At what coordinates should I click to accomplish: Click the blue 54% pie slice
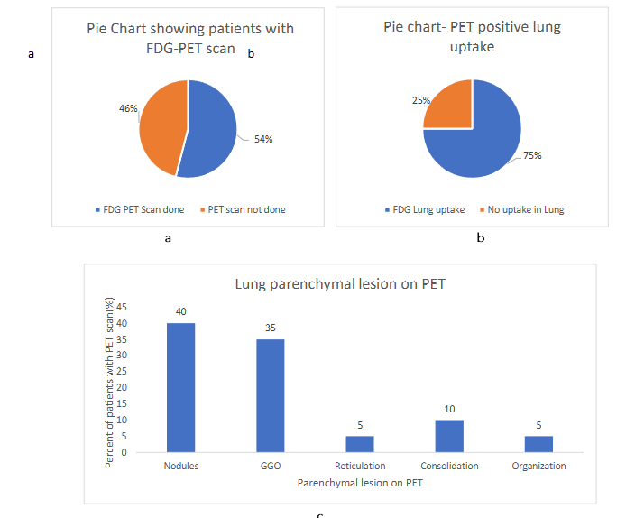[212, 131]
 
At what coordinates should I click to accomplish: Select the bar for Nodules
[180, 388]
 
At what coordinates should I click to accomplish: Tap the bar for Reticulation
[359, 444]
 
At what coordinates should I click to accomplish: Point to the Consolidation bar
[449, 436]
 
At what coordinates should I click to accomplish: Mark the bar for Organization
[538, 444]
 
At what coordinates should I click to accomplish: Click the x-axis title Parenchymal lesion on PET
[360, 484]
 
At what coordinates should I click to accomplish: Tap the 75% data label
[533, 154]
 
